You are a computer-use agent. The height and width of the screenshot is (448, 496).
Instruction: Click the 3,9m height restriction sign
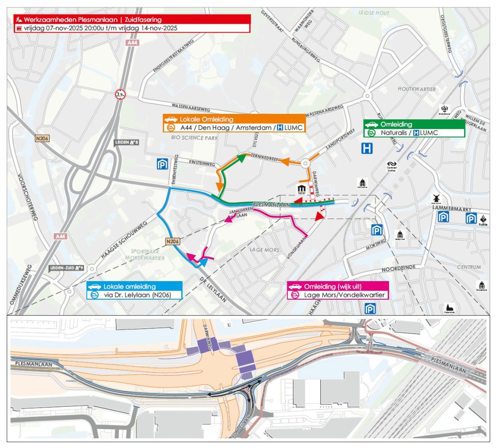[120, 95]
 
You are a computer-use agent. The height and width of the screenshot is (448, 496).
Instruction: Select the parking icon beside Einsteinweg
[162, 164]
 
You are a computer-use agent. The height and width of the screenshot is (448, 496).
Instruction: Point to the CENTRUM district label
[468, 267]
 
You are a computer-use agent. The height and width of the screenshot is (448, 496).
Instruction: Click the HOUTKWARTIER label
[416, 89]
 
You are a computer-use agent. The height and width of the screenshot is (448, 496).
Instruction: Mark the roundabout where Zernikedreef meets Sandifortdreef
[306, 164]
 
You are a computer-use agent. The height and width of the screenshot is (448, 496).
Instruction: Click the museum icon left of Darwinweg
[302, 188]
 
